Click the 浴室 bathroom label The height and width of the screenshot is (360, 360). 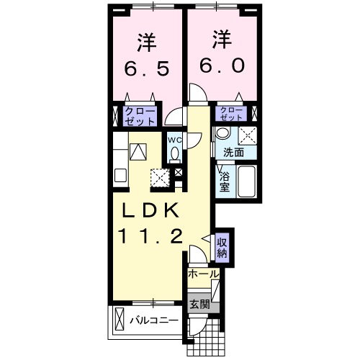(x=224, y=181)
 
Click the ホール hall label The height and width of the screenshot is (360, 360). (x=203, y=274)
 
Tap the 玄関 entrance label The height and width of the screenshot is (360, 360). (x=199, y=305)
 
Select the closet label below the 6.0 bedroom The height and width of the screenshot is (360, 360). (x=231, y=114)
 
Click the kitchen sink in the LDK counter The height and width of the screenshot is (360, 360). (x=138, y=152)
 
